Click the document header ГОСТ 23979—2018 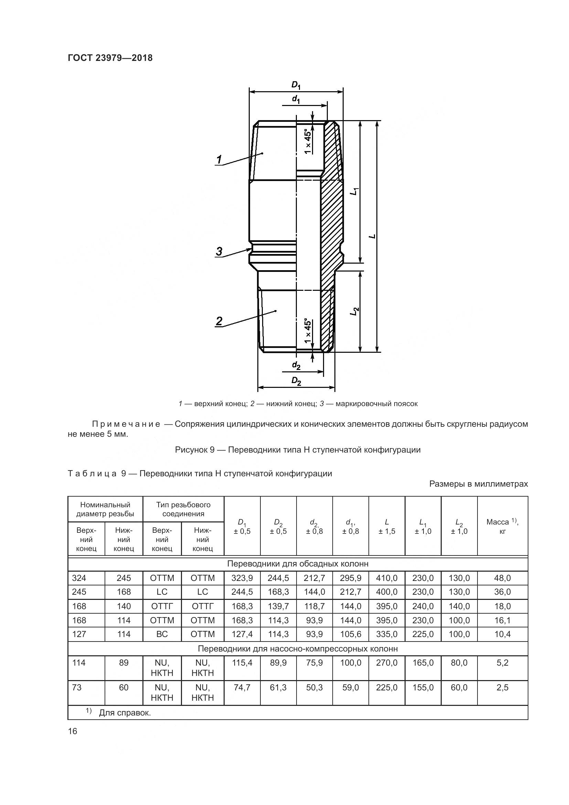point(110,58)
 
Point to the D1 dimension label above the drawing point(296,85)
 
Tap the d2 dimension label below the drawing point(296,366)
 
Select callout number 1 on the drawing point(219,160)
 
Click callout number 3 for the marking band point(219,251)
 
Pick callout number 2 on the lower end point(219,321)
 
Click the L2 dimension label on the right point(355,311)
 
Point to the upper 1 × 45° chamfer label point(308,141)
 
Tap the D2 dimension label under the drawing point(297,381)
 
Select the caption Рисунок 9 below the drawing point(298,450)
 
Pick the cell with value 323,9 point(242,578)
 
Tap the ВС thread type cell point(162,634)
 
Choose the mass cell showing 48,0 point(502,578)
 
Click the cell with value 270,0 point(386,663)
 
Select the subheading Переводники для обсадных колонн point(298,564)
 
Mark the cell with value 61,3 point(278,688)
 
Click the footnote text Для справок point(125,713)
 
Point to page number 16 point(73,731)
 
